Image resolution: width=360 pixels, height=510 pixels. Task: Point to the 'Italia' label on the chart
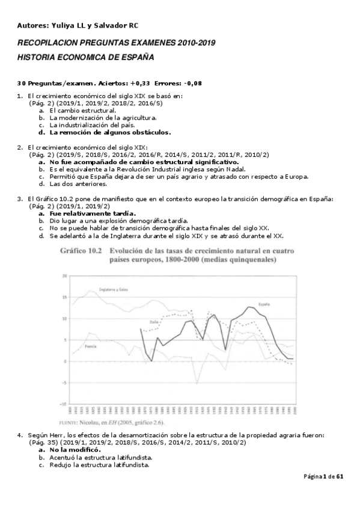154,322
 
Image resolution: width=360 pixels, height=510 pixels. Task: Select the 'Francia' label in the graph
91,346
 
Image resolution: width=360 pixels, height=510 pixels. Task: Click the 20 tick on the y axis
64,276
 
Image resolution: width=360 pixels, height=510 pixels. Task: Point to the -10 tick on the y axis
63,404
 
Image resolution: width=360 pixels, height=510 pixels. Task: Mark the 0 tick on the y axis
65,361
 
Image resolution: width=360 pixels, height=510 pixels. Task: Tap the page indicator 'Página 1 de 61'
323,477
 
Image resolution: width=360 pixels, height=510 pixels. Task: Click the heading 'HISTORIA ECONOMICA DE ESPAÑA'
85,58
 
